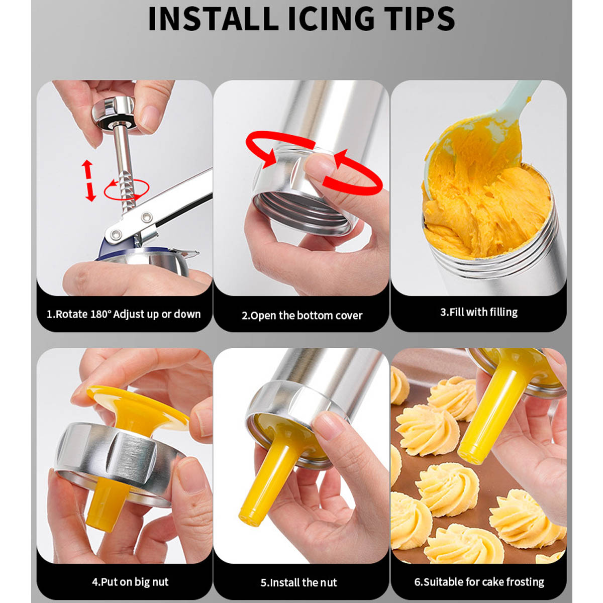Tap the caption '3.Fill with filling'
(479, 312)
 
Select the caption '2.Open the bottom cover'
(302, 316)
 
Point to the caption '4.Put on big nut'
(130, 573)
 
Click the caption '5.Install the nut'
(299, 573)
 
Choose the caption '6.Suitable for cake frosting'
(479, 573)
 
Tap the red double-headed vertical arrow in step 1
(89, 180)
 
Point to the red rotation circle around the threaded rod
(127, 189)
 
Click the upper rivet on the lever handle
(146, 217)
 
